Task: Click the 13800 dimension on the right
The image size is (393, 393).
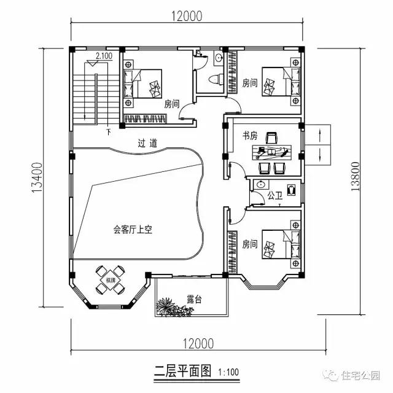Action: click(356, 177)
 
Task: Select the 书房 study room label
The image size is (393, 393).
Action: click(249, 135)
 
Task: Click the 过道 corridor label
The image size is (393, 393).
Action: click(147, 143)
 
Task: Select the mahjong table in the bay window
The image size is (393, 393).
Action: click(111, 280)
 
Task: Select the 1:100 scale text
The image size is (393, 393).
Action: click(228, 372)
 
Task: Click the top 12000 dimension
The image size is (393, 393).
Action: click(185, 16)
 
